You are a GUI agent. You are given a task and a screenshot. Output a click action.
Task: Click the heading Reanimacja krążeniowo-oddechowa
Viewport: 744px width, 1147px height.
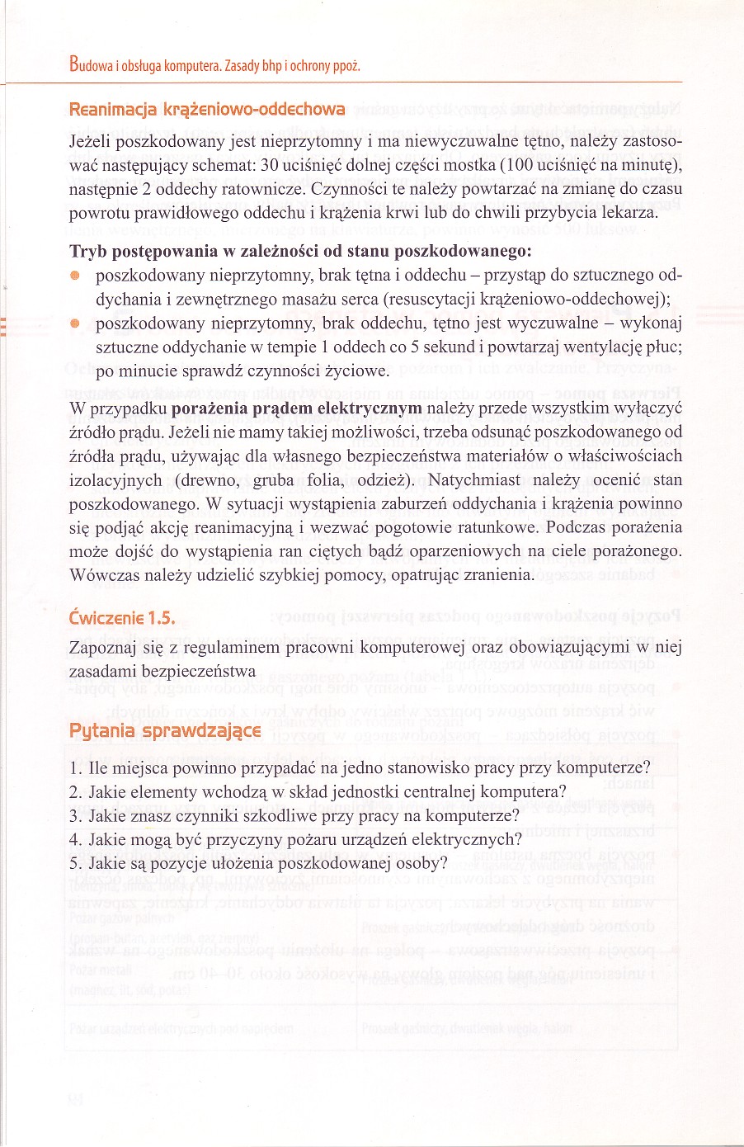coord(207,110)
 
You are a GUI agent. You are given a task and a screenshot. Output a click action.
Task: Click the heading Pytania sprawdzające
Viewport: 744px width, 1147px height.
coord(165,731)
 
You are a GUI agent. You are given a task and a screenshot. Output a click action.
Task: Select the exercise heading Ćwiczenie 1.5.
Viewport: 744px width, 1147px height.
coord(122,618)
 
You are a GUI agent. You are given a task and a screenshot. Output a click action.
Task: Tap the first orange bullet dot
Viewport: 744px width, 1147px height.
coord(75,275)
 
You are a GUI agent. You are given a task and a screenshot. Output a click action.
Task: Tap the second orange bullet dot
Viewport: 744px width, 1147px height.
coord(75,323)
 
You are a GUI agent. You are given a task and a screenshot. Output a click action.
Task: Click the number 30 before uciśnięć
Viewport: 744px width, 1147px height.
coord(270,165)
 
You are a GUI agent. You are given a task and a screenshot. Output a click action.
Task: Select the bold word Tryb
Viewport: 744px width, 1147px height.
coord(87,251)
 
